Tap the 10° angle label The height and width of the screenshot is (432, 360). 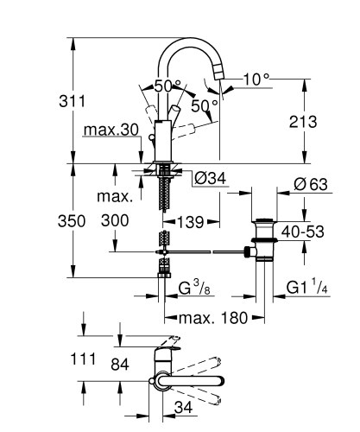pos(256,79)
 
